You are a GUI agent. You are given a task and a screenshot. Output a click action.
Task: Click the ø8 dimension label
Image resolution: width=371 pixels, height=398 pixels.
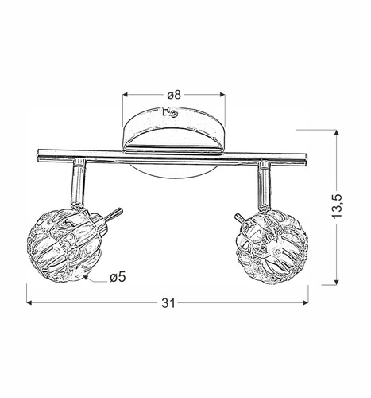tap(174, 95)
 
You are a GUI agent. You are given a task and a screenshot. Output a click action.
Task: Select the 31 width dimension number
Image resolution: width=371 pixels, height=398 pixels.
tap(168, 302)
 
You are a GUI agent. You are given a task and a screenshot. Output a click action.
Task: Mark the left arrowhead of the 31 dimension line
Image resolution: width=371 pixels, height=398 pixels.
tap(30, 302)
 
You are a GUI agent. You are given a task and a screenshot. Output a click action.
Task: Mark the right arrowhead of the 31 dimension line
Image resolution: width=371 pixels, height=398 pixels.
tap(306, 302)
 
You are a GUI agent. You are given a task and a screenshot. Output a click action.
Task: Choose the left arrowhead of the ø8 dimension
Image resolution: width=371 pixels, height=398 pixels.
tap(126, 95)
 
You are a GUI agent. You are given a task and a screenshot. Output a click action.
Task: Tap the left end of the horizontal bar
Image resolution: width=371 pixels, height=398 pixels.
tap(40, 153)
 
